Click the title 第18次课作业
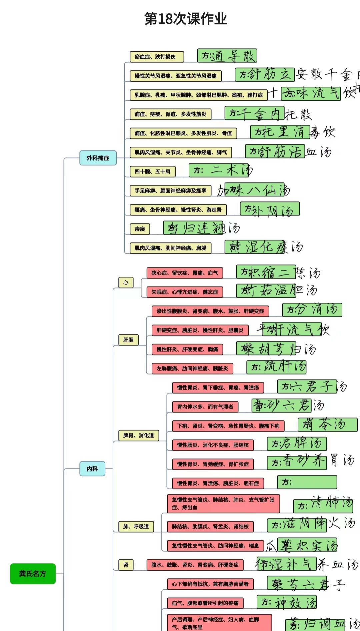tap(186, 19)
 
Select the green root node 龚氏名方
tap(33, 573)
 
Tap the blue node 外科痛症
tap(98, 158)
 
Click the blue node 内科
tap(92, 469)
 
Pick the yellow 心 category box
tap(126, 282)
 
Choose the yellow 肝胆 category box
tap(128, 340)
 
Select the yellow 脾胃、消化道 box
tap(139, 435)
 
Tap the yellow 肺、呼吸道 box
tap(136, 527)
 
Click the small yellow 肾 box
tap(126, 565)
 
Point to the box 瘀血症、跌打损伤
tap(157, 57)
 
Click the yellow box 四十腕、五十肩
tap(152, 171)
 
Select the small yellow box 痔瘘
tap(140, 229)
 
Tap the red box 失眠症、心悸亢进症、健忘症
tap(185, 292)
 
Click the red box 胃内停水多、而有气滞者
tap(205, 407)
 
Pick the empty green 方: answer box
tap(307, 482)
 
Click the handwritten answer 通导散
tap(227, 56)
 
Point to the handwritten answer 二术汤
tap(221, 170)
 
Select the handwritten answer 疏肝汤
tap(276, 367)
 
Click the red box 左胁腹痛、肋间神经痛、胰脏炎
tap(192, 369)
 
